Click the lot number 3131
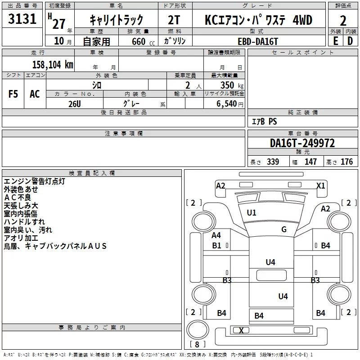[x=22, y=18]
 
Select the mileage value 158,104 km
[x=53, y=64]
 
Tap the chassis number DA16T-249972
[x=302, y=143]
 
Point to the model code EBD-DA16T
[x=258, y=41]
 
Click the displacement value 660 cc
[x=143, y=41]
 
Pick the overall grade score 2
[x=343, y=21]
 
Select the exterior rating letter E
[x=336, y=41]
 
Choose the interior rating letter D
[x=350, y=41]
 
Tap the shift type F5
[x=13, y=94]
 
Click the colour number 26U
[x=75, y=104]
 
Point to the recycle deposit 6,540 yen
[x=230, y=104]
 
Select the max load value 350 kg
[x=232, y=85]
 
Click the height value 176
[x=346, y=162]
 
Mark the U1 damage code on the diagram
[x=252, y=213]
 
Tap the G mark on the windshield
[x=284, y=229]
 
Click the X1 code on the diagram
[x=321, y=185]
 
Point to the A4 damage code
[x=216, y=235]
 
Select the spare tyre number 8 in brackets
[x=197, y=344]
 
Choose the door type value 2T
[x=174, y=20]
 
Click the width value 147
[x=310, y=162]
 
